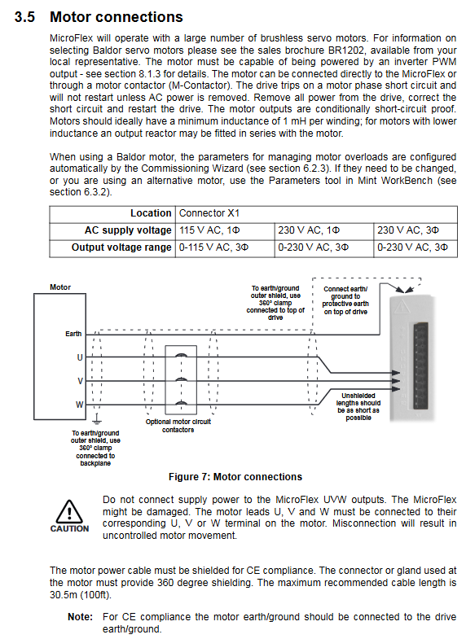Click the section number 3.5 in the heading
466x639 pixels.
(x=25, y=17)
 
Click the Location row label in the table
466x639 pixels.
(x=151, y=213)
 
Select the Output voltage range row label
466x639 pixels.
(x=121, y=247)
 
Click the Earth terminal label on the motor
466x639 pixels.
(x=73, y=334)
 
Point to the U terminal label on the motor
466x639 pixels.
(x=80, y=357)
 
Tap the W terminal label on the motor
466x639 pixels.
(x=79, y=405)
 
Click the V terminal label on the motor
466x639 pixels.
(x=81, y=381)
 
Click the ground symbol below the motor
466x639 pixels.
(x=97, y=420)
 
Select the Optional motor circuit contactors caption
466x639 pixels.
(x=178, y=426)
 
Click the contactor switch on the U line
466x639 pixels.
(x=181, y=357)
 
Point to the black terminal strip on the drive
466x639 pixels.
(x=420, y=365)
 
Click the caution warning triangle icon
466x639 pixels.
(x=69, y=512)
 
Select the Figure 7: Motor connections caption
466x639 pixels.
(x=235, y=477)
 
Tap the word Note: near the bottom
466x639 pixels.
(x=81, y=617)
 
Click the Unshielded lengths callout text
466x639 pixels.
(x=358, y=407)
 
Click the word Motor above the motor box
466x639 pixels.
(x=60, y=287)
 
